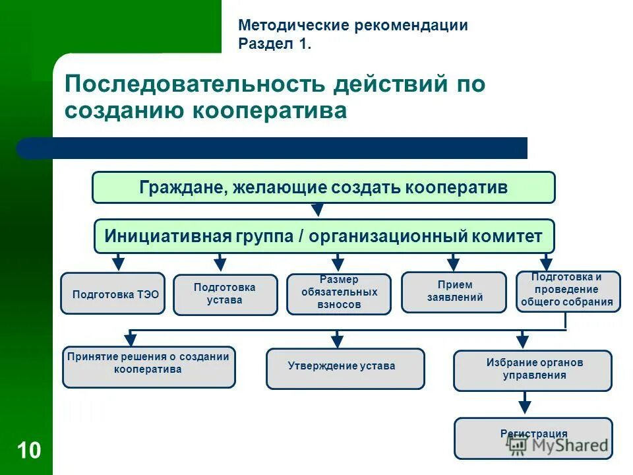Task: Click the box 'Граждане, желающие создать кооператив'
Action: pos(323,187)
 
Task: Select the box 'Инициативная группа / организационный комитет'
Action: pos(324,236)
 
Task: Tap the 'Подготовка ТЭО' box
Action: pos(113,294)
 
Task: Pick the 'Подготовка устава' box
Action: pos(225,295)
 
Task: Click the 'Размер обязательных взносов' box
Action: pos(339,294)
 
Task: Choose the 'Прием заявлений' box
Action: pos(454,292)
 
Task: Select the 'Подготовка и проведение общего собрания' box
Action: pos(568,291)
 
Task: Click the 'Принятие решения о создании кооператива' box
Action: pos(148,367)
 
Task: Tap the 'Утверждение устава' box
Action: pos(345,368)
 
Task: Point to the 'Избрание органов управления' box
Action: pos(532,370)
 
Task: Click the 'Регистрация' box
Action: pos(533,437)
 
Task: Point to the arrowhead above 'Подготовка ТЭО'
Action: pos(118,263)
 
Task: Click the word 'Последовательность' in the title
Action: pos(195,84)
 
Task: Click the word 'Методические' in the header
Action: pos(293,26)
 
